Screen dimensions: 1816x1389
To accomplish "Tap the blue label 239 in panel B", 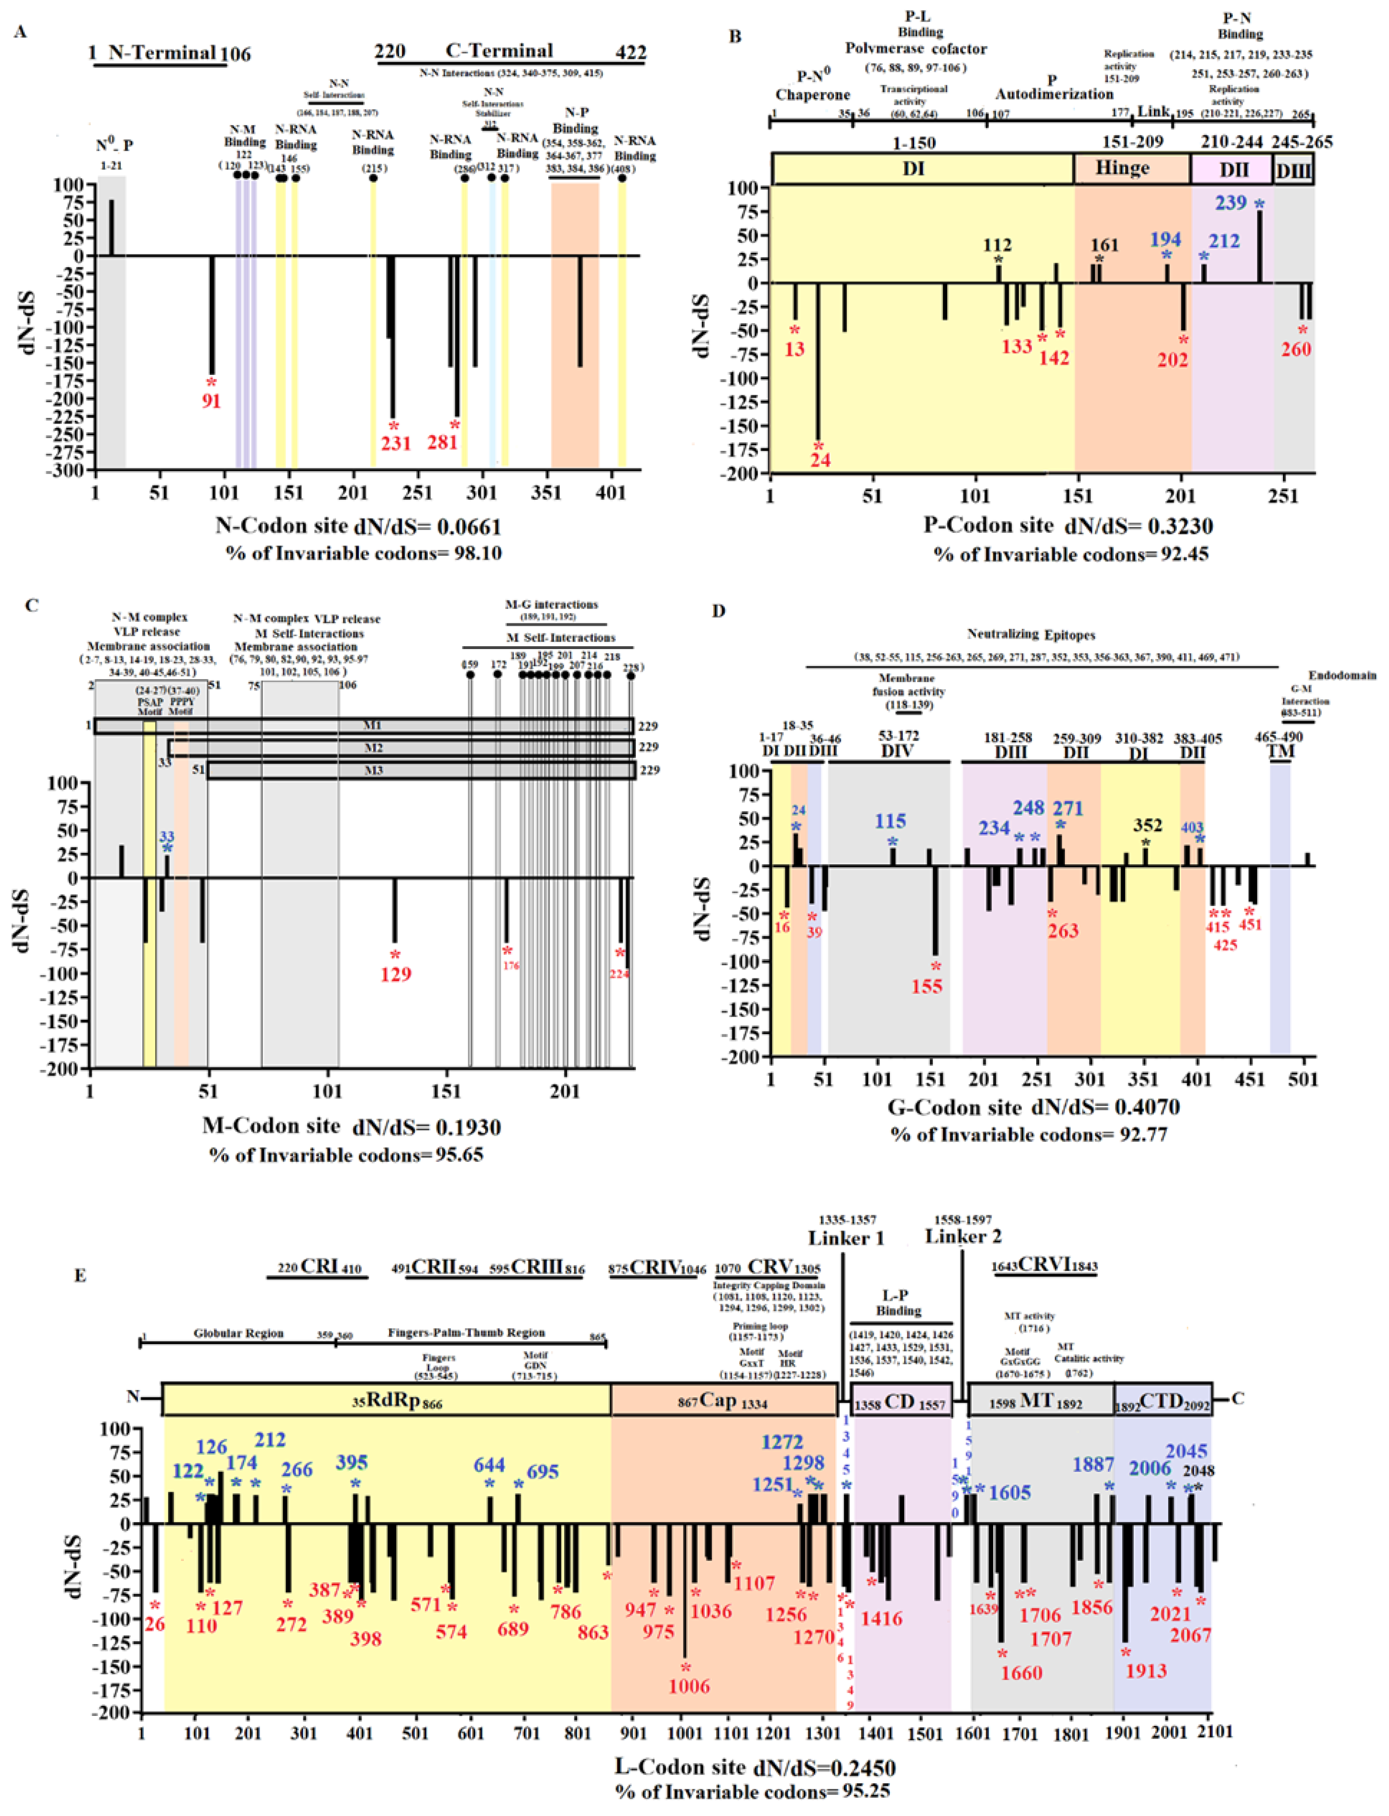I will (x=1231, y=203).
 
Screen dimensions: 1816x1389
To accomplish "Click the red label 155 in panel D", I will (x=927, y=986).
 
